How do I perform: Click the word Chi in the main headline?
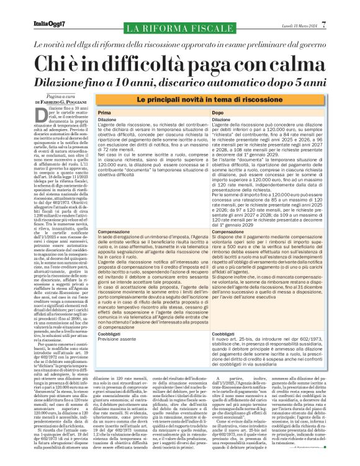(57, 64)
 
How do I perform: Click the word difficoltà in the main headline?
(142, 64)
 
